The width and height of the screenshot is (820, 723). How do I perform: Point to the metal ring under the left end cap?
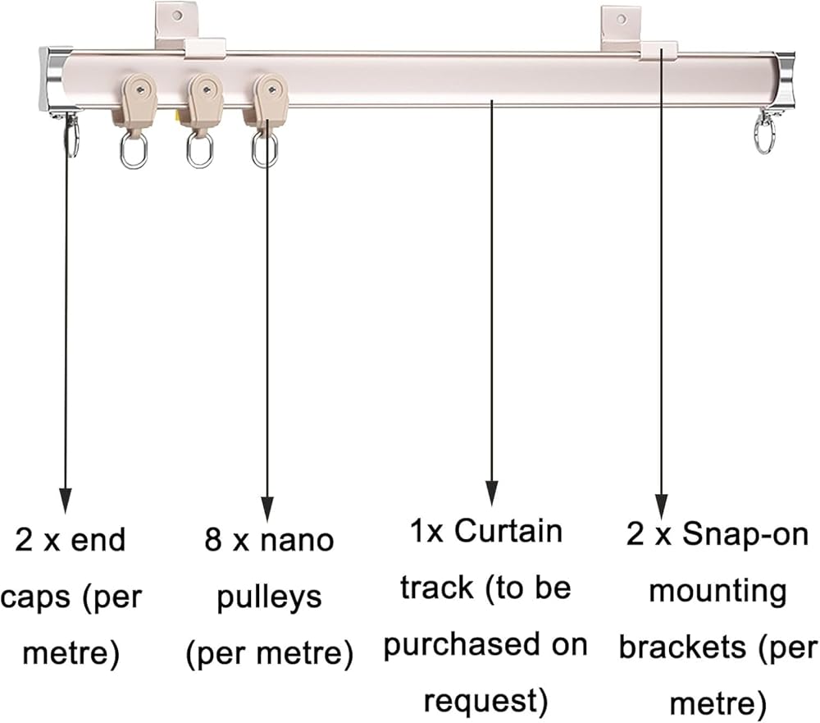(x=72, y=136)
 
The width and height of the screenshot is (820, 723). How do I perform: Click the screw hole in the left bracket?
(x=175, y=15)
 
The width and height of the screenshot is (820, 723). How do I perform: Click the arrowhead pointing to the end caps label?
(x=66, y=499)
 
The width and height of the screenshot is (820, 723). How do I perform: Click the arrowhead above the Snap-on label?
(x=661, y=506)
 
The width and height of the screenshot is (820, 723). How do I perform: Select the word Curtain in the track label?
(x=508, y=531)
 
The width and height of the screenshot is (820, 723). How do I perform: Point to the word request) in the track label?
(x=485, y=701)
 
